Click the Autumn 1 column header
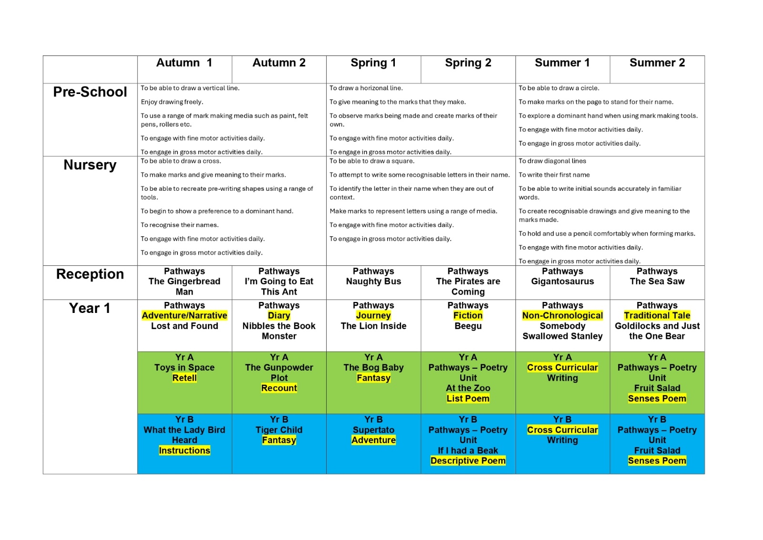(184, 63)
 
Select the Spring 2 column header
(468, 63)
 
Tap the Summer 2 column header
(657, 63)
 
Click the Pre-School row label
(90, 92)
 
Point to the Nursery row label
(90, 165)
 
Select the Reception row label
(90, 274)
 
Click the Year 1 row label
(90, 309)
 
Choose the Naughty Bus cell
(373, 281)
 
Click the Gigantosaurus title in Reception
(562, 281)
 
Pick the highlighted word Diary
(279, 316)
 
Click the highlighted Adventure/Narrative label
(185, 316)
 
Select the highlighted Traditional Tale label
(657, 316)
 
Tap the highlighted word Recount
(279, 388)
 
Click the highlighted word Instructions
(185, 451)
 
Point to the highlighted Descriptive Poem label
(468, 461)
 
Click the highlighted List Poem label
(468, 399)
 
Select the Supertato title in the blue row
(373, 430)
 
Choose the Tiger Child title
(279, 430)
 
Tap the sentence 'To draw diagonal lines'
(552, 161)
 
